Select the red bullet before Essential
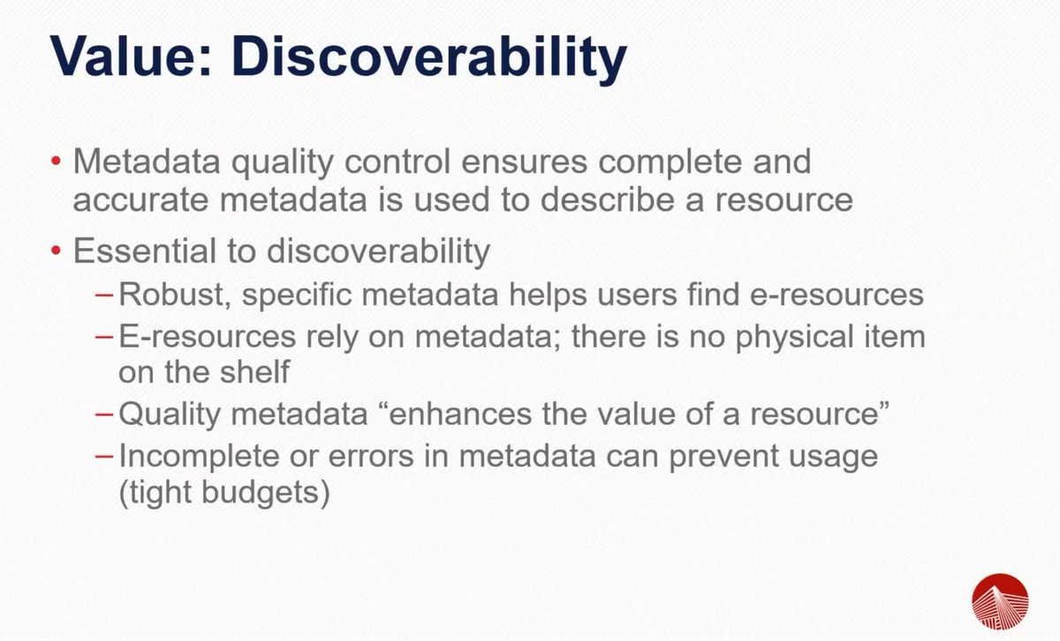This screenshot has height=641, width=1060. pos(56,253)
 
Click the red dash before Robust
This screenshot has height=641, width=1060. pos(105,295)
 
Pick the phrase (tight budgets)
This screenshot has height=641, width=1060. pos(224,491)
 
